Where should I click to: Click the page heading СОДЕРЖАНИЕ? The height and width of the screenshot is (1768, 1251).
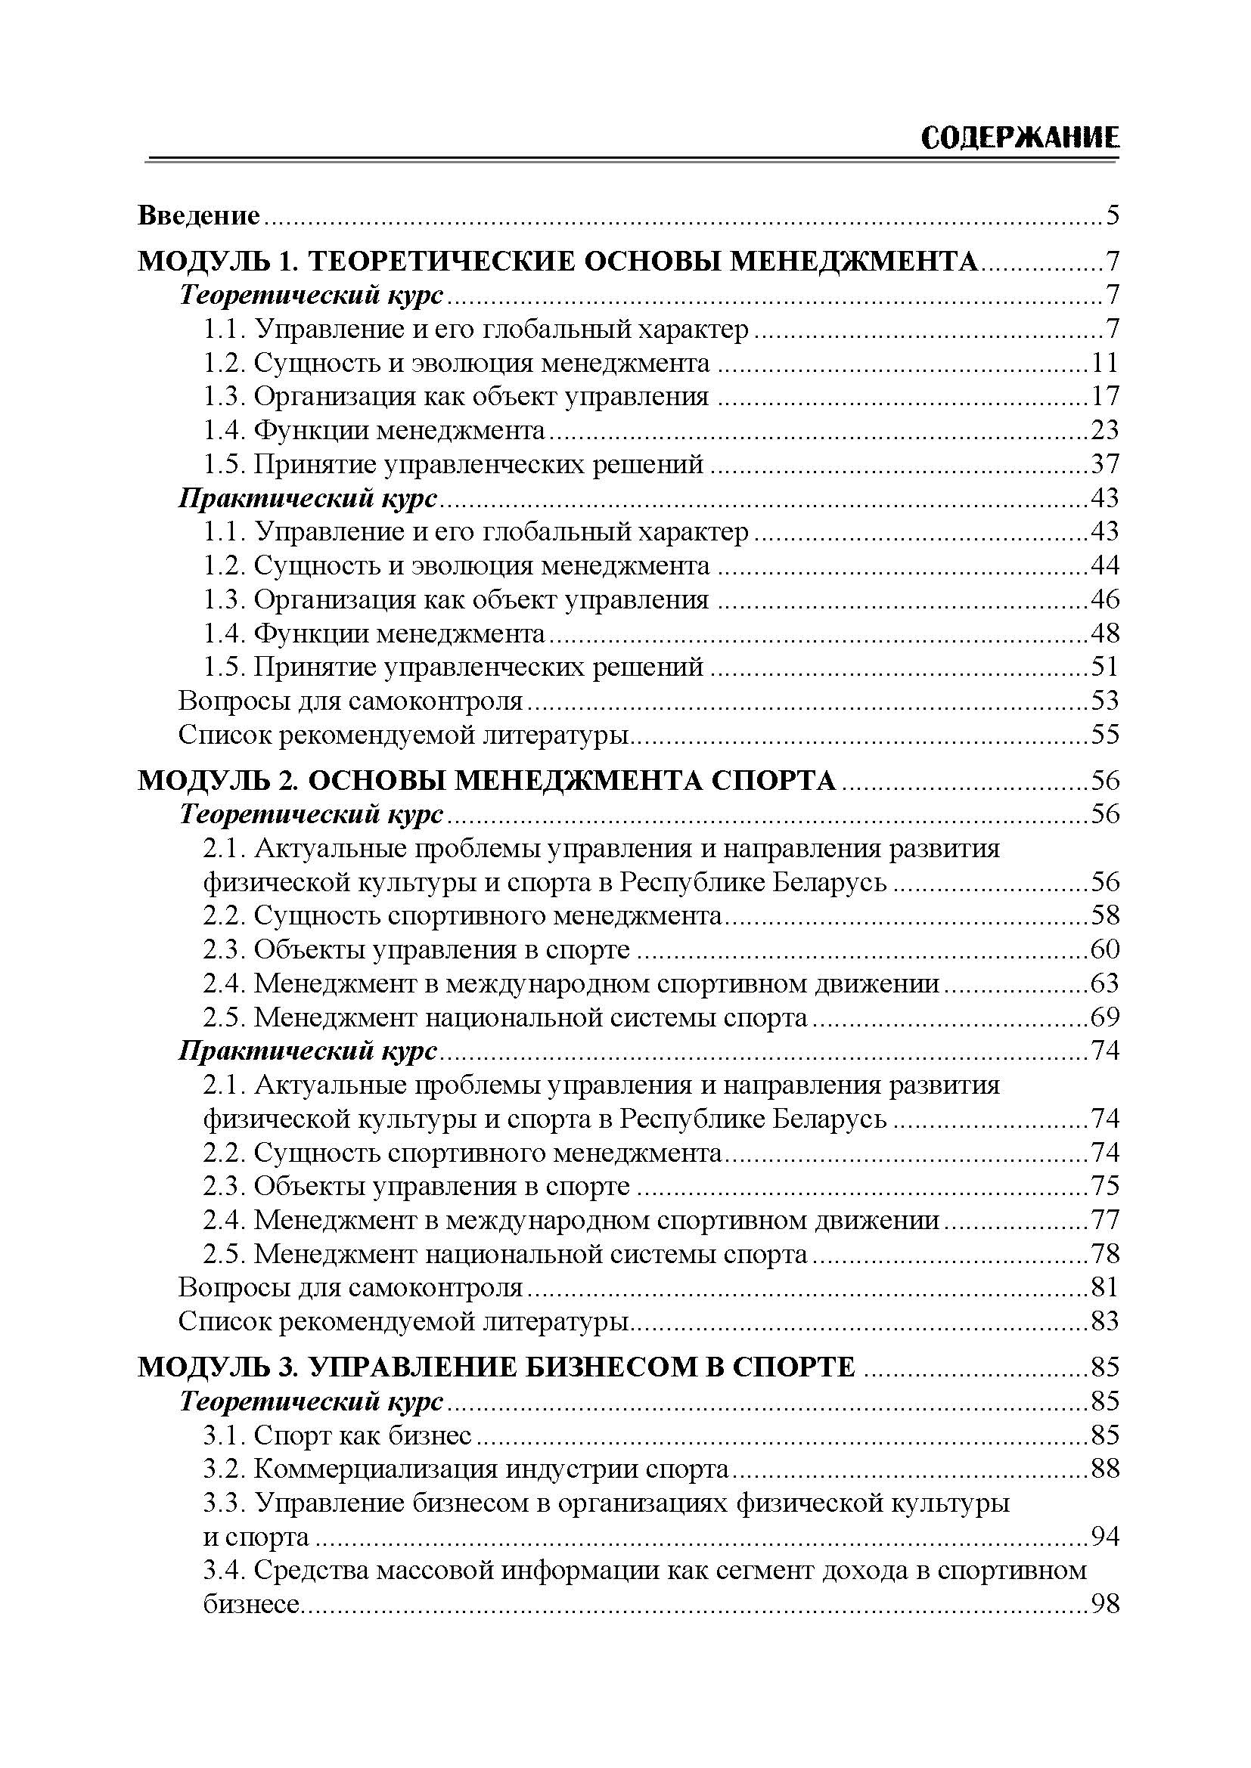pyautogui.click(x=1019, y=138)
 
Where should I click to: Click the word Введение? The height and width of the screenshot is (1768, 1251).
pyautogui.click(x=199, y=215)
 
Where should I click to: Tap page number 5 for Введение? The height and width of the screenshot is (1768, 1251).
pyautogui.click(x=1111, y=215)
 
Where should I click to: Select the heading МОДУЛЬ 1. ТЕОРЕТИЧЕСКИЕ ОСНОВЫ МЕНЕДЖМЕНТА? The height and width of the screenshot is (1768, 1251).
pyautogui.click(x=557, y=262)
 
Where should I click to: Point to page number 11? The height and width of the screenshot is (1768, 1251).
pyautogui.click(x=1104, y=363)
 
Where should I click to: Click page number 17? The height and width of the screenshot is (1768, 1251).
pyautogui.click(x=1104, y=397)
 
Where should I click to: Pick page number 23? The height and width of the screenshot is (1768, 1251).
pyautogui.click(x=1104, y=430)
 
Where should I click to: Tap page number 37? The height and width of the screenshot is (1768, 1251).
pyautogui.click(x=1104, y=464)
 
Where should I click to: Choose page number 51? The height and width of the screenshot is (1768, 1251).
pyautogui.click(x=1104, y=667)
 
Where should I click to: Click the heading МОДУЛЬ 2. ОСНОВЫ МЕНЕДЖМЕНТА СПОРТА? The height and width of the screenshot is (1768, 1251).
pyautogui.click(x=487, y=781)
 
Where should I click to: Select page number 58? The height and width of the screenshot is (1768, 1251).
pyautogui.click(x=1104, y=915)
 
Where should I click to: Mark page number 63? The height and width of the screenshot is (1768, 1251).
pyautogui.click(x=1104, y=983)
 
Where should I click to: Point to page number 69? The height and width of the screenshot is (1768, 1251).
pyautogui.click(x=1104, y=1017)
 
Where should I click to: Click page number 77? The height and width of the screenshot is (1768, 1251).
pyautogui.click(x=1104, y=1220)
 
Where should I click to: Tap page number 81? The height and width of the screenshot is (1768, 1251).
pyautogui.click(x=1104, y=1287)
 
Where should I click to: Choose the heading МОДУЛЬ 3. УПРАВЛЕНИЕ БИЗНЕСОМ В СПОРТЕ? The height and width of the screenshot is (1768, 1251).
pyautogui.click(x=497, y=1367)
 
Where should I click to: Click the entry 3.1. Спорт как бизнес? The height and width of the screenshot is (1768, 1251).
pyautogui.click(x=337, y=1435)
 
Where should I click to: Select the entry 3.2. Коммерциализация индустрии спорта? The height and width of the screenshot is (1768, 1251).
pyautogui.click(x=466, y=1469)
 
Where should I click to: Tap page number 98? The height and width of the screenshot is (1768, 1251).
pyautogui.click(x=1104, y=1604)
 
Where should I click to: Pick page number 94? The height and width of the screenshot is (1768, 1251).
pyautogui.click(x=1104, y=1536)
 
